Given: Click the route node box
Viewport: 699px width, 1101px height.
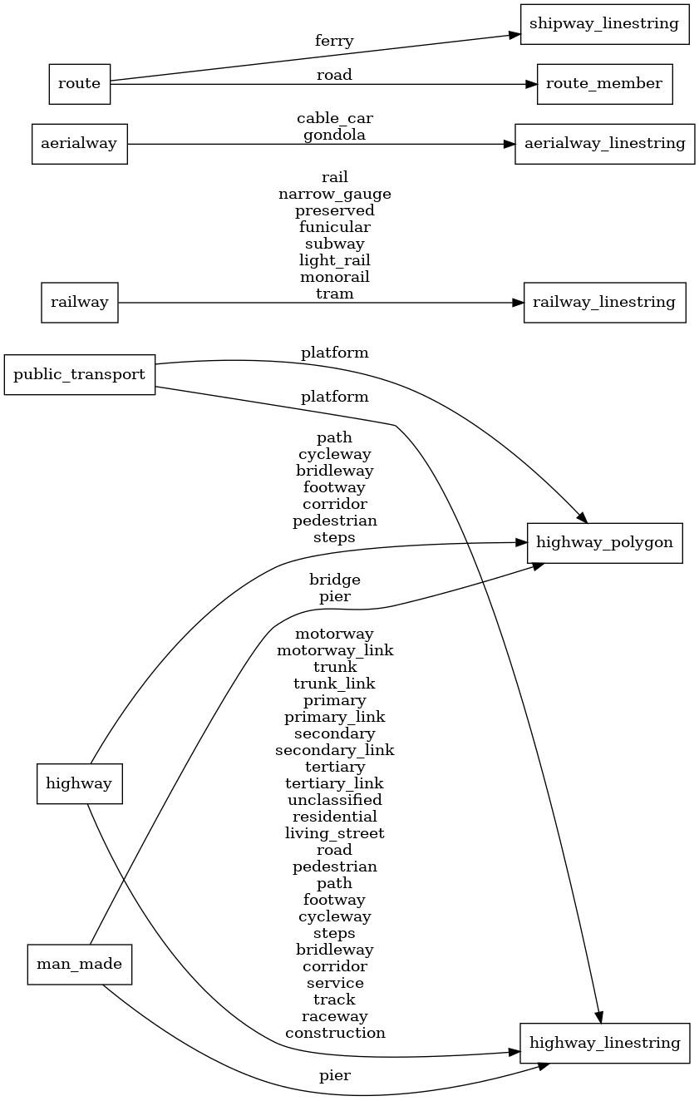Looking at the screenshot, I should [80, 83].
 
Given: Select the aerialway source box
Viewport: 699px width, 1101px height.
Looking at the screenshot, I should [79, 144].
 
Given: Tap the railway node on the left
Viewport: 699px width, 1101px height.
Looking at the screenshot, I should [80, 302].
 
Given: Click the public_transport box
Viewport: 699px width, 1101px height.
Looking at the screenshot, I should [80, 374].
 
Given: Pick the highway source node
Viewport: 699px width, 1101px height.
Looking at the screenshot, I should [80, 783].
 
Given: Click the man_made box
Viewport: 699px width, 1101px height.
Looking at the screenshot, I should [80, 965].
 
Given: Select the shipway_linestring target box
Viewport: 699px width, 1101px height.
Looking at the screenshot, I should [604, 23].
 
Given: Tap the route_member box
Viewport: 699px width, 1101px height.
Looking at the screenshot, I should [604, 83].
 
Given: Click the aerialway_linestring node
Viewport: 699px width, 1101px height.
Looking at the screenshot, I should [604, 144].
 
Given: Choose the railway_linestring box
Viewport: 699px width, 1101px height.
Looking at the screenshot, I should [604, 302].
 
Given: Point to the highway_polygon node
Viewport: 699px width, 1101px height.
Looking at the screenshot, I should [604, 543].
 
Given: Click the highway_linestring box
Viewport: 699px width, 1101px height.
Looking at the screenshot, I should [604, 1043].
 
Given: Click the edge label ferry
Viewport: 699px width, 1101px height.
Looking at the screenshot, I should [334, 41].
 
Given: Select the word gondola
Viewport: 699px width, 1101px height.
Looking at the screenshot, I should [334, 135].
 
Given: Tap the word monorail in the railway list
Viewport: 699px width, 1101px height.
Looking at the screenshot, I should [334, 277].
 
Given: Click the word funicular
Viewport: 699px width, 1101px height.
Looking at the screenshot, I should [334, 227].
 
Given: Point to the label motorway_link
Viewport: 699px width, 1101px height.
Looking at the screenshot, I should [334, 650].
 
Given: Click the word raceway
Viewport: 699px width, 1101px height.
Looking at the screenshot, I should [334, 1016].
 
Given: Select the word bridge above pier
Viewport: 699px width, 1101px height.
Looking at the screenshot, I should [334, 580].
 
